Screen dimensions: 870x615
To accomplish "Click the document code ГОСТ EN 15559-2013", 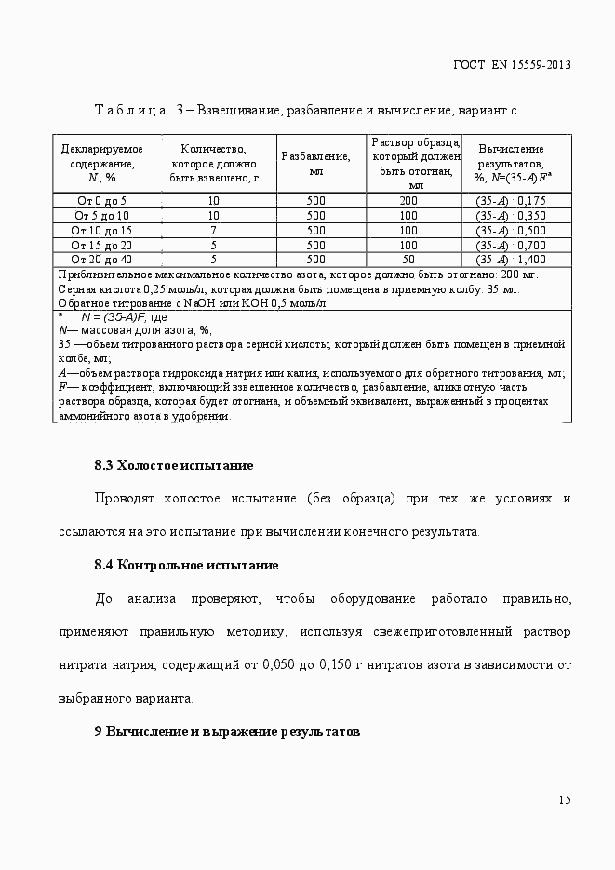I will (511, 65).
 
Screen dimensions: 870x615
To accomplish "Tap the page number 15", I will (565, 800).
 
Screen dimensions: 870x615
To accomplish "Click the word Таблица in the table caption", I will (129, 111).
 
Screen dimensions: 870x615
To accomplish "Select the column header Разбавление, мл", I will (315, 163).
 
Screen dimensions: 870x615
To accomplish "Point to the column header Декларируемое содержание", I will (101, 163).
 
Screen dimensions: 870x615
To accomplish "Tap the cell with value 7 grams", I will (213, 231).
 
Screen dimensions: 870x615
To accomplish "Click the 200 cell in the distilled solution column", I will (408, 201).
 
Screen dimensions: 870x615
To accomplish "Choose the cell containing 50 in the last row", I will (408, 261).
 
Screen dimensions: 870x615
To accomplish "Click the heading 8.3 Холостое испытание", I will (174, 465).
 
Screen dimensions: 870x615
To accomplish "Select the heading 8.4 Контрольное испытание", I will (186, 565).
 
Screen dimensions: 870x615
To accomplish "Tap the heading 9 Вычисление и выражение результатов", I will (226, 731).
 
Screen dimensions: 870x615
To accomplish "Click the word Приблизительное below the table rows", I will (102, 275).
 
